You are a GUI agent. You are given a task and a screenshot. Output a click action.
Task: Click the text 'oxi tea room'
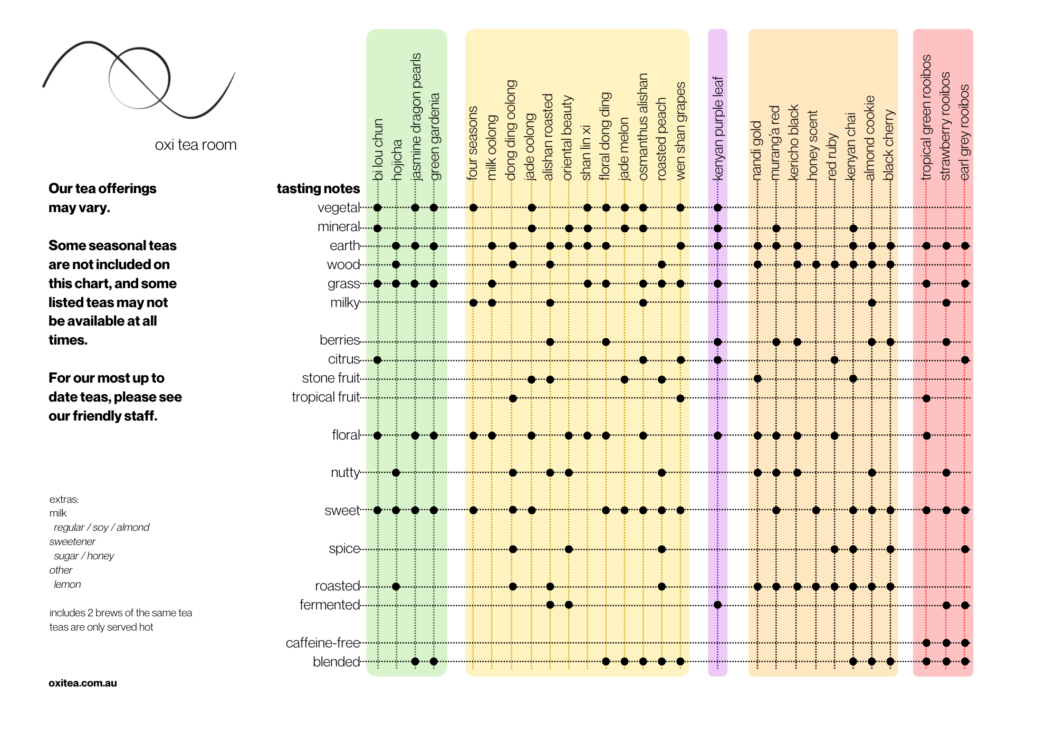click(x=196, y=145)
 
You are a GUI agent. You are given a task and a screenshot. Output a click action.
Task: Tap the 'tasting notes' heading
click(x=318, y=188)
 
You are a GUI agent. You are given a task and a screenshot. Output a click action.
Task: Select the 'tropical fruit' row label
click(x=325, y=397)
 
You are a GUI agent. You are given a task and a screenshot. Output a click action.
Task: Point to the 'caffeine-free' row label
click(x=323, y=643)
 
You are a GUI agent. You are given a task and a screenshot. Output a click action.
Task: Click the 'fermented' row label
click(x=330, y=605)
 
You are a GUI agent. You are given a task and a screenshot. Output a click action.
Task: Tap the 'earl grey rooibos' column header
click(x=964, y=132)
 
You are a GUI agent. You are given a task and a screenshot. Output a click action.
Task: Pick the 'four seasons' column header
click(x=473, y=142)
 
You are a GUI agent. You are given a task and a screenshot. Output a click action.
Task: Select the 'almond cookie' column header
click(x=870, y=137)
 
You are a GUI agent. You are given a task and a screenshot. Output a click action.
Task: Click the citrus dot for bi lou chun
click(x=377, y=360)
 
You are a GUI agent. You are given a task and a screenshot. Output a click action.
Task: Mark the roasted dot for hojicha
click(x=396, y=586)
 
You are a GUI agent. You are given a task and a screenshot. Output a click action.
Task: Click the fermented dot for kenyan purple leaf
click(x=717, y=605)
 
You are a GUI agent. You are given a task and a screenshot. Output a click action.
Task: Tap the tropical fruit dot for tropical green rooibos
click(x=926, y=398)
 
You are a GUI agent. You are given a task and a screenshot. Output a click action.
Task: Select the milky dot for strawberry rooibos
click(x=946, y=303)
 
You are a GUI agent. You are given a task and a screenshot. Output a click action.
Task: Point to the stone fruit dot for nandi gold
click(x=757, y=378)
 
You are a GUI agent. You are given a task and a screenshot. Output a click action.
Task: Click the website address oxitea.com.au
click(x=83, y=683)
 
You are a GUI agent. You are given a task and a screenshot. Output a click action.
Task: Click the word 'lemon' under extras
click(x=67, y=584)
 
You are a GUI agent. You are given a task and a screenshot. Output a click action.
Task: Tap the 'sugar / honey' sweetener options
click(x=84, y=556)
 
